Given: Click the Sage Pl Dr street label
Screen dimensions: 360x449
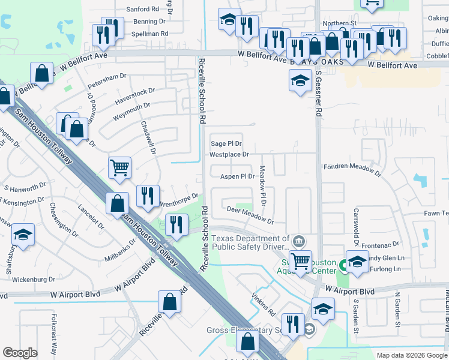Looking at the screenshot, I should point(226,144).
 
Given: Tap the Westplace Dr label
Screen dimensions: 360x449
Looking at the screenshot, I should point(229,155).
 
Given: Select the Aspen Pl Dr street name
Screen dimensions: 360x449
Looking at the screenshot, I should point(238,176).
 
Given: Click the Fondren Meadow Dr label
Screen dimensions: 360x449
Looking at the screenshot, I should point(352,169).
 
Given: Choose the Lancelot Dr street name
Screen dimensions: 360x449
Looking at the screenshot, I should point(91,218).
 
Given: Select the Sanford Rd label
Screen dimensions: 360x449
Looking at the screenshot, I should point(142,10).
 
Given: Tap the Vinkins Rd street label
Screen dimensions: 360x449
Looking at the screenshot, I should point(264,304).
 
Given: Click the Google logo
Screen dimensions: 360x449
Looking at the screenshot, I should point(20,353).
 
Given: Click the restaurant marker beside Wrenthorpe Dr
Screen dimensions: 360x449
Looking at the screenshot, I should point(148,195).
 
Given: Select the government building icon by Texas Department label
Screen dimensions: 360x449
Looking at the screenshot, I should point(299,242).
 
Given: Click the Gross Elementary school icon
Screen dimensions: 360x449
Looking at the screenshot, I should point(309,329).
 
